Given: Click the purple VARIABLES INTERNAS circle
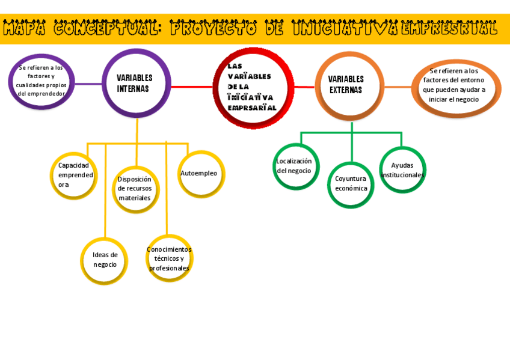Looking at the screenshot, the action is [x=136, y=83].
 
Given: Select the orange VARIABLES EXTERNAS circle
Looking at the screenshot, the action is [x=349, y=85].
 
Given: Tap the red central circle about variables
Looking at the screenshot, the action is [x=253, y=88].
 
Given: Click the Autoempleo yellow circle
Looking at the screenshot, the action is [x=201, y=173].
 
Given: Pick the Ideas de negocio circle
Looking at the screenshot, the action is [x=104, y=260].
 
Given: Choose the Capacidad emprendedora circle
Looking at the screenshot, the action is [x=73, y=175].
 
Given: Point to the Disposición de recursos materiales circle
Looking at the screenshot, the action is [x=135, y=189].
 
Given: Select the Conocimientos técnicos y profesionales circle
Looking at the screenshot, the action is [x=170, y=258].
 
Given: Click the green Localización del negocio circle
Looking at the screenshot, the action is [x=295, y=166].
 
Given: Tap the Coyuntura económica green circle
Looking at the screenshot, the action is [x=351, y=184].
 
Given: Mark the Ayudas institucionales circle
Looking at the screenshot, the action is [x=402, y=169].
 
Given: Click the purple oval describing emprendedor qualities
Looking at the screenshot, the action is [x=41, y=81].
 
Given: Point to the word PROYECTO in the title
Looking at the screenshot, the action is [x=213, y=28].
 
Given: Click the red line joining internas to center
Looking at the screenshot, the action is [x=191, y=87].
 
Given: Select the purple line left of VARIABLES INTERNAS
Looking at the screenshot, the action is [x=88, y=84].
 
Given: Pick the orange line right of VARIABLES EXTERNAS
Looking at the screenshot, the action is [x=398, y=87].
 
